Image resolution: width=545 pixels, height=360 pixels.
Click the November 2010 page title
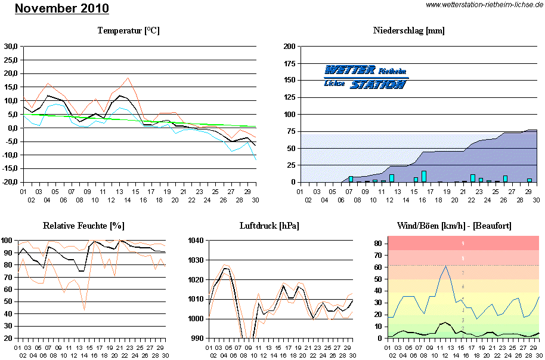(61, 9)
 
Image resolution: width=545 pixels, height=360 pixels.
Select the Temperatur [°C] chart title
(129, 30)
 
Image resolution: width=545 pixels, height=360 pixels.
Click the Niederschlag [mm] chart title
(408, 30)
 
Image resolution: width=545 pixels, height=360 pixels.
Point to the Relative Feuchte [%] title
(83, 226)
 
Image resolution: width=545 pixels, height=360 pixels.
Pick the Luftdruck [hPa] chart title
(269, 226)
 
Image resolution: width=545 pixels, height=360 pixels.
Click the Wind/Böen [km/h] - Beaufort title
(454, 226)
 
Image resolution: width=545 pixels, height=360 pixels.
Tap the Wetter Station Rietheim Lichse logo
(366, 77)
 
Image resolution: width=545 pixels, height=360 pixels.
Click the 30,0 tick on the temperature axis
(11, 46)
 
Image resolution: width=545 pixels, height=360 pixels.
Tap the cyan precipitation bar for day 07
(351, 179)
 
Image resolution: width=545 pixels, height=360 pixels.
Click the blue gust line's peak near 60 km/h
(445, 266)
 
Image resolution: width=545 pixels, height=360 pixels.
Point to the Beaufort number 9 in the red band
(463, 244)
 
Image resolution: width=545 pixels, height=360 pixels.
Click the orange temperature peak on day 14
(128, 78)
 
